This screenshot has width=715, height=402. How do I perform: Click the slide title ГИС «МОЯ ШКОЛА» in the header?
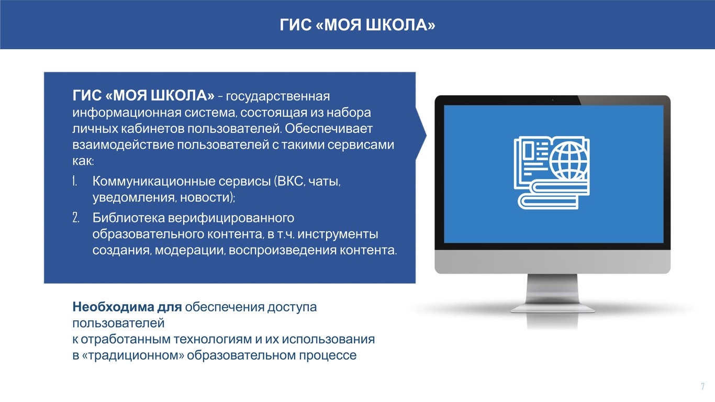[x=357, y=25]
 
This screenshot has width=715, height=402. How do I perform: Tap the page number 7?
[x=702, y=386]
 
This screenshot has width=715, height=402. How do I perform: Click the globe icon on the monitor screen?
[x=569, y=161]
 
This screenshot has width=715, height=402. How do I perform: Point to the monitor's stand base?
[x=553, y=308]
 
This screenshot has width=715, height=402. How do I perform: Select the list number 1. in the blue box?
[x=75, y=181]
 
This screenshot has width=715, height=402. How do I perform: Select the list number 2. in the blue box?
[x=76, y=218]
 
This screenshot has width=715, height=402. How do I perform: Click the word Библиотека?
[x=129, y=218]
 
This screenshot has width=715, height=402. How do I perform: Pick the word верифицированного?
[x=231, y=218]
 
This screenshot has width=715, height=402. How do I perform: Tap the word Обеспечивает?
[x=329, y=129]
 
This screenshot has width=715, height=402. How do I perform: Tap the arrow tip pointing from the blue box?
[x=426, y=135]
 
